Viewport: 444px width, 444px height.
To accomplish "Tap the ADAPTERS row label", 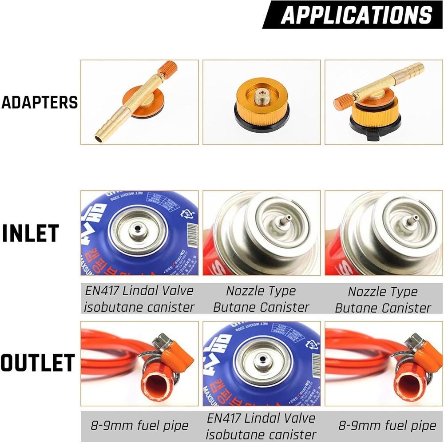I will [40, 103].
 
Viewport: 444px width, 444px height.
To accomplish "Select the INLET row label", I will [31, 234].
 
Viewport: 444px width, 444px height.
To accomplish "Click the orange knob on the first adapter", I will [170, 69].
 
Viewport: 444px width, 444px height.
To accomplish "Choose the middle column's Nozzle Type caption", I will [261, 291].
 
